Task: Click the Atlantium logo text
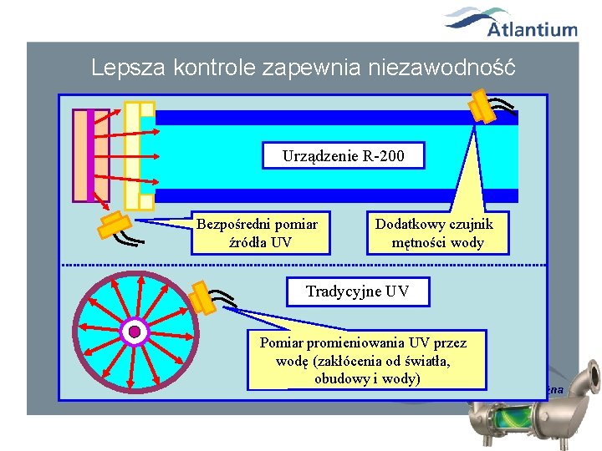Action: pyautogui.click(x=532, y=30)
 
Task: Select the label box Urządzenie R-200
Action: pyautogui.click(x=342, y=155)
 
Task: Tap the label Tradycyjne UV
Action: pyautogui.click(x=358, y=291)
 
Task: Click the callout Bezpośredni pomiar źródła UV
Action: pyautogui.click(x=257, y=233)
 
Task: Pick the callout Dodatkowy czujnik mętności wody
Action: pyautogui.click(x=434, y=233)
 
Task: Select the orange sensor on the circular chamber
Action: pyautogui.click(x=201, y=296)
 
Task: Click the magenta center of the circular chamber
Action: pyautogui.click(x=134, y=332)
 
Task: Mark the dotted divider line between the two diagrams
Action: pyautogui.click(x=301, y=264)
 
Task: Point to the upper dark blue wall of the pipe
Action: pyautogui.click(x=334, y=118)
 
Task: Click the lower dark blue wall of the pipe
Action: pyautogui.click(x=334, y=195)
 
